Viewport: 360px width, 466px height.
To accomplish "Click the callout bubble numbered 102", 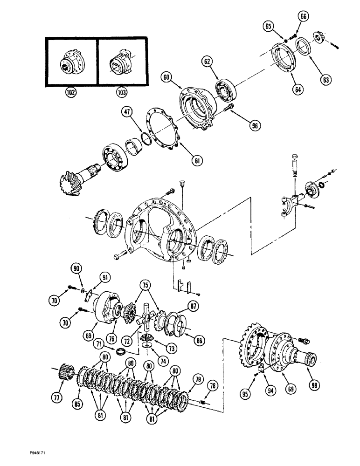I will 71,92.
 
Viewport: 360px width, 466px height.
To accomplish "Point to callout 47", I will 128,111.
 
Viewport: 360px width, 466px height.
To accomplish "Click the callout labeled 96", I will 255,125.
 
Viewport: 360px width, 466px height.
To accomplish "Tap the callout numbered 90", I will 76,267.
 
